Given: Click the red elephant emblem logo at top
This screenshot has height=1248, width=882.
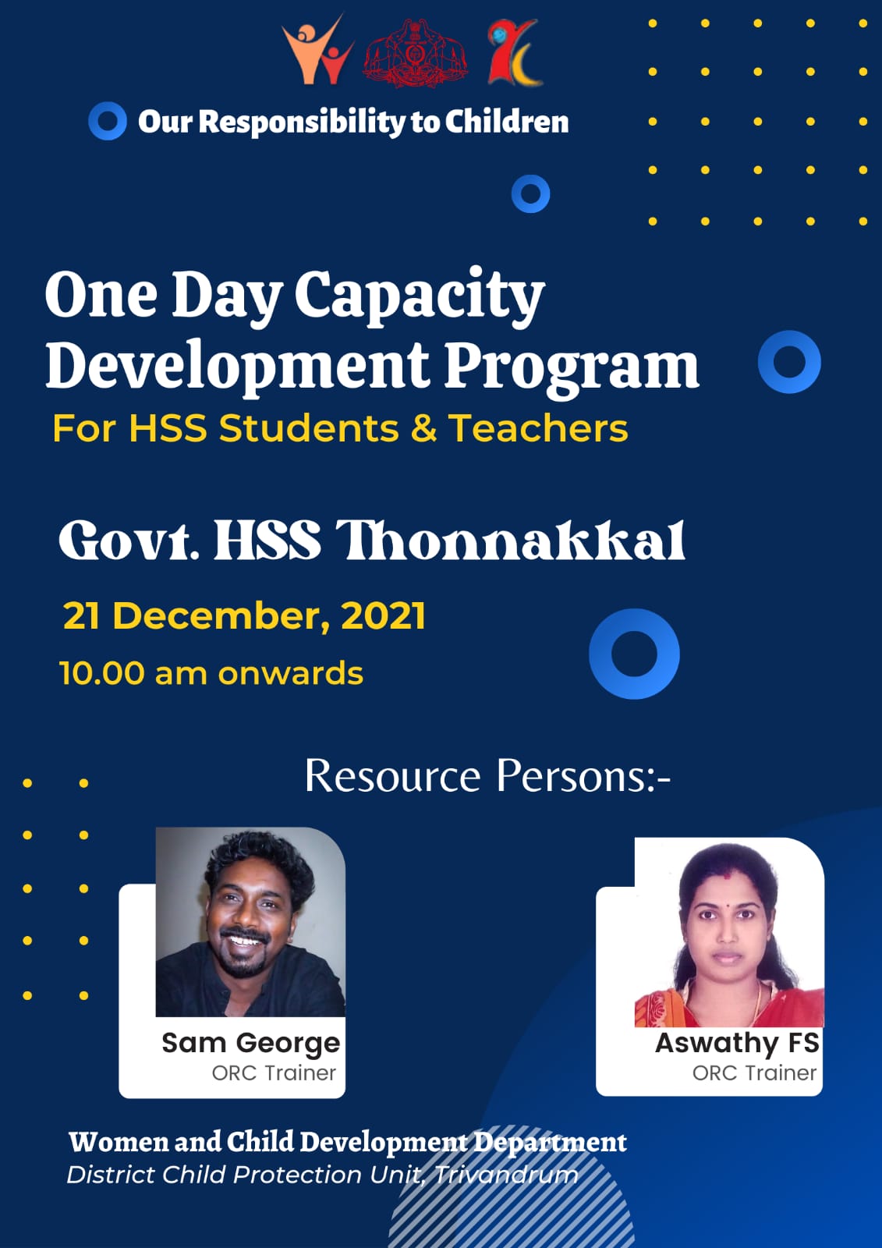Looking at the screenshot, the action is pyautogui.click(x=416, y=54).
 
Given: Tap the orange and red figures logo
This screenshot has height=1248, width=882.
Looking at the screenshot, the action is pyautogui.click(x=317, y=50).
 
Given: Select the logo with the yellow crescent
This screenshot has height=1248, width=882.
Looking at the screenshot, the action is pyautogui.click(x=514, y=52).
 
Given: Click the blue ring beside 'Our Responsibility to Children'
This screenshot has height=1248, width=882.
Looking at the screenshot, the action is pyautogui.click(x=108, y=121).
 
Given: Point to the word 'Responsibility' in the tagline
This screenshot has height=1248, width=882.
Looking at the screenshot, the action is pyautogui.click(x=303, y=122).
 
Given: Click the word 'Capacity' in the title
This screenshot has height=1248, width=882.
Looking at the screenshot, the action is pyautogui.click(x=420, y=297).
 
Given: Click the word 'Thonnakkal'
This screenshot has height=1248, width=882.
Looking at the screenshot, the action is pyautogui.click(x=510, y=541).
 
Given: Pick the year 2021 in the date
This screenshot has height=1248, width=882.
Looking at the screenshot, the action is pyautogui.click(x=384, y=615).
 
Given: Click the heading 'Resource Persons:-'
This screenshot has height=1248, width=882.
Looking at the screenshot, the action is pyautogui.click(x=487, y=775).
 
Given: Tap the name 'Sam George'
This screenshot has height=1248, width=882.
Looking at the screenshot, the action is pyautogui.click(x=251, y=1042).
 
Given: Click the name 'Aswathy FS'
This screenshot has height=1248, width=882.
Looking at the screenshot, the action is pyautogui.click(x=737, y=1042).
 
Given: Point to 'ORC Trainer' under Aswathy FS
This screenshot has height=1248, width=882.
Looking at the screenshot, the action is pyautogui.click(x=754, y=1073).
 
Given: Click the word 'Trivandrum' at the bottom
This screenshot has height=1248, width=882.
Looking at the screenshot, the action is pyautogui.click(x=506, y=1175).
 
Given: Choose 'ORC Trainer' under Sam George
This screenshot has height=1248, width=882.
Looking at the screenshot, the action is pyautogui.click(x=274, y=1073).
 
